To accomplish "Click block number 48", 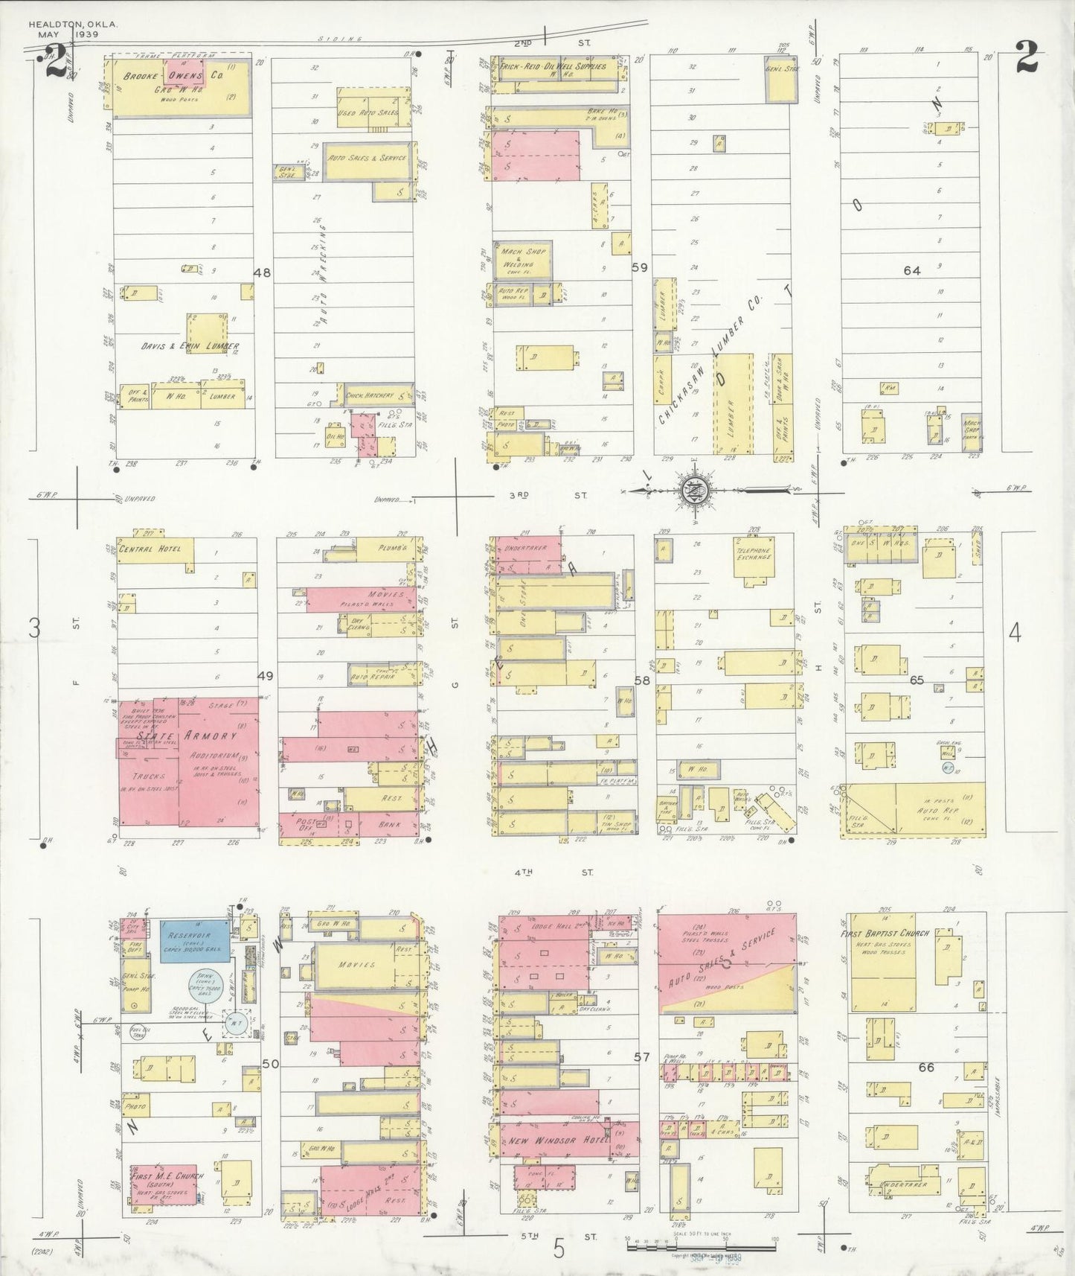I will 261,272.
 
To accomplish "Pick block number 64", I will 911,270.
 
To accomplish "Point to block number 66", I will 925,1067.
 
